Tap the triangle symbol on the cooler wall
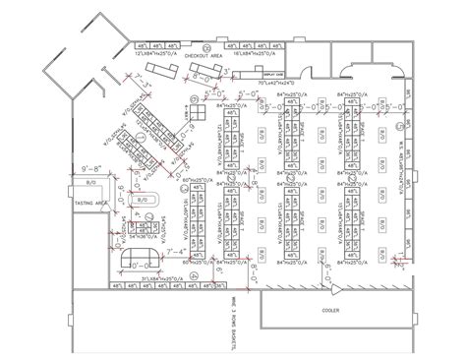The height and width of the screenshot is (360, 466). [x=335, y=291]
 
